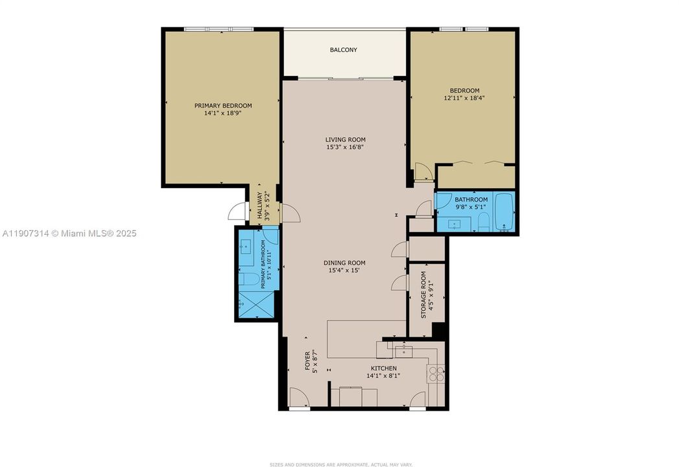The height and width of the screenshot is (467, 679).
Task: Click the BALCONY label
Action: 343,50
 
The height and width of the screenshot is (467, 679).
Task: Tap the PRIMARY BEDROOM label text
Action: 223,105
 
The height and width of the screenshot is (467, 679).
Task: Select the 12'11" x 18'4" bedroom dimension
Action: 464,98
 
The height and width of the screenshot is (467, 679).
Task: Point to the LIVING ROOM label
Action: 345,139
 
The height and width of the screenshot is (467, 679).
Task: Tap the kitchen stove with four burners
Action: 436,374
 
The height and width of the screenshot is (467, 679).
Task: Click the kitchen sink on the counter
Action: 404,351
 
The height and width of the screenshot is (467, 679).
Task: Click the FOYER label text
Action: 308,361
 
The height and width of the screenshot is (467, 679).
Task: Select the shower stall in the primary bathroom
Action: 254,304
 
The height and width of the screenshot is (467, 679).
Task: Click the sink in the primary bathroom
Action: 246,246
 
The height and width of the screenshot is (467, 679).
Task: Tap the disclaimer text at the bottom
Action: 339,464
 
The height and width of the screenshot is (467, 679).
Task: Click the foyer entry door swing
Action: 298,397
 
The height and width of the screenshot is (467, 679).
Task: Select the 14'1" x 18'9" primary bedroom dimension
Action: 223,113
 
